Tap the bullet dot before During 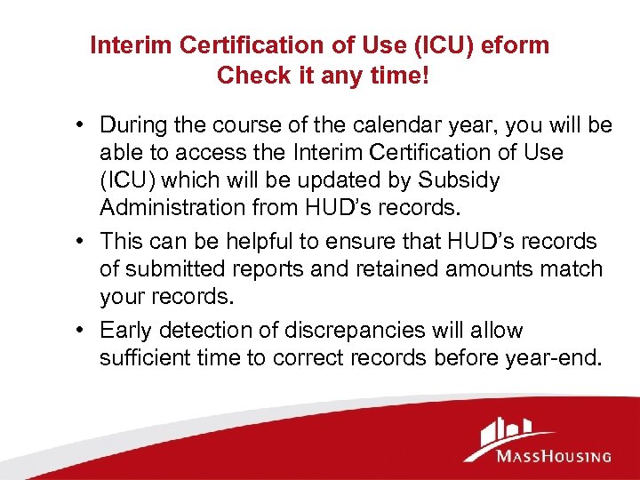[x=81, y=125]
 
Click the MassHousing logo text [x=554, y=456]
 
